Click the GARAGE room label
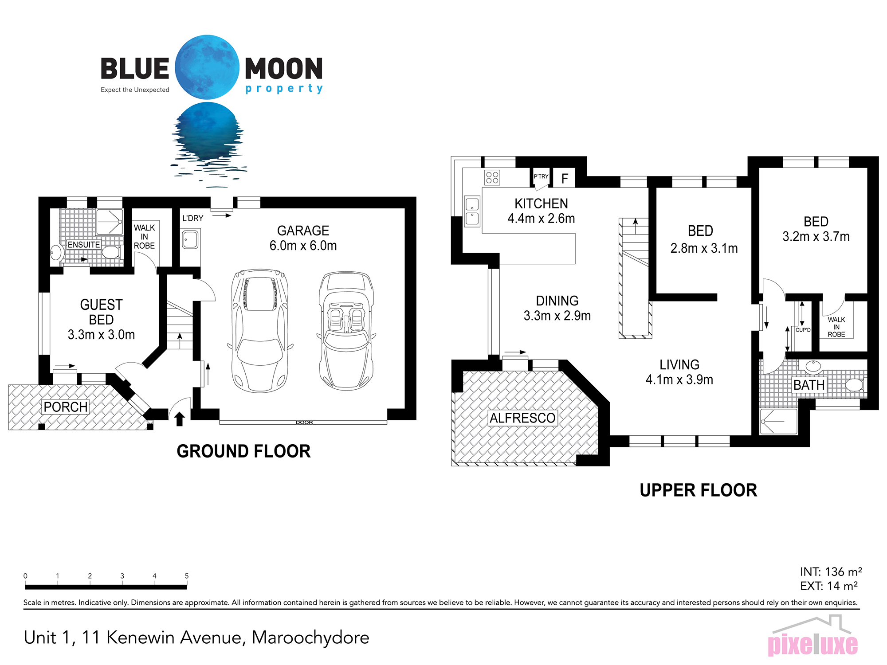pyautogui.click(x=303, y=231)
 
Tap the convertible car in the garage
pyautogui.click(x=346, y=331)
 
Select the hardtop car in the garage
pyautogui.click(x=260, y=331)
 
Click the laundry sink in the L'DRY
pyautogui.click(x=190, y=239)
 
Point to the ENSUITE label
pyautogui.click(x=84, y=244)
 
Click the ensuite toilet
pyautogui.click(x=111, y=252)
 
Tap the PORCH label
pyautogui.click(x=66, y=407)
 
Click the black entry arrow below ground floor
pyautogui.click(x=179, y=419)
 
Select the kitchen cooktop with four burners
pyautogui.click(x=492, y=177)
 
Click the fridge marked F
pyautogui.click(x=565, y=178)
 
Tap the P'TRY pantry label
pyautogui.click(x=541, y=176)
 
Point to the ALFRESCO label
pyautogui.click(x=522, y=418)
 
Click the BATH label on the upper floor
pyautogui.click(x=809, y=385)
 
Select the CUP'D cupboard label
pyautogui.click(x=803, y=330)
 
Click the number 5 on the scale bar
pyautogui.click(x=187, y=576)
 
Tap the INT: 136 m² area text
pyautogui.click(x=831, y=571)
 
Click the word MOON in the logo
pyautogui.click(x=284, y=69)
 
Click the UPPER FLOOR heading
pyautogui.click(x=699, y=490)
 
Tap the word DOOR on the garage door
pyautogui.click(x=304, y=422)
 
